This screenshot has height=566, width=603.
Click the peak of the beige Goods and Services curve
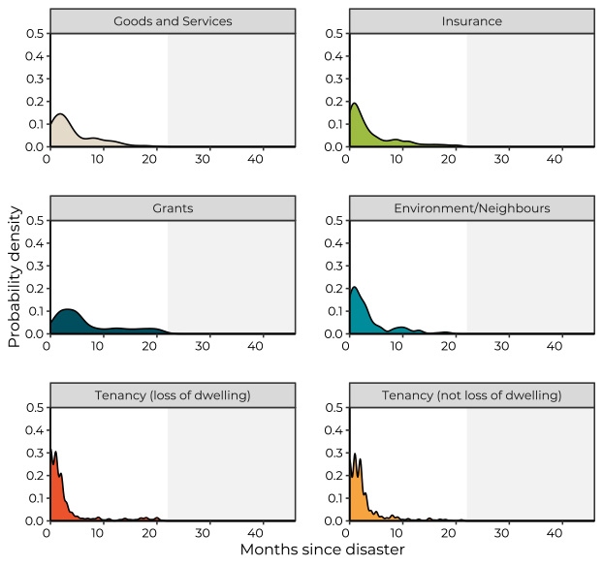click(60, 114)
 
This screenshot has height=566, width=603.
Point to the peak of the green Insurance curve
click(355, 104)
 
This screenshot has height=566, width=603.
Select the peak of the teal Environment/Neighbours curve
click(355, 287)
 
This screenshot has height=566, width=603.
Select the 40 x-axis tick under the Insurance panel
click(555, 158)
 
